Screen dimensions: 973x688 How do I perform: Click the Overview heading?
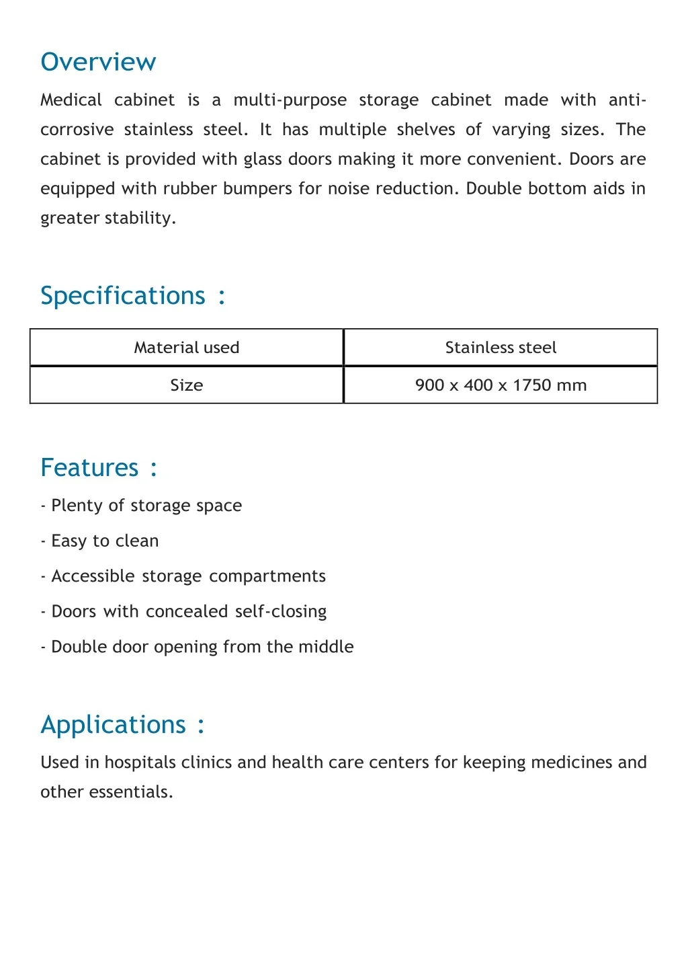tap(98, 62)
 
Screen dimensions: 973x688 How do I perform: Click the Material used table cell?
tap(187, 348)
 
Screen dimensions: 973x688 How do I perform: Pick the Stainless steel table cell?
tap(501, 348)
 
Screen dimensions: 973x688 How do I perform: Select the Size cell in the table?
tap(187, 385)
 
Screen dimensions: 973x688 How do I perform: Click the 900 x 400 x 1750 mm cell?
tap(501, 385)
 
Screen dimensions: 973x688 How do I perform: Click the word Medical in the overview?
tap(71, 100)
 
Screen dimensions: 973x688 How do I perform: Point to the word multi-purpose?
tap(290, 100)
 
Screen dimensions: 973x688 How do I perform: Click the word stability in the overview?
tap(140, 219)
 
